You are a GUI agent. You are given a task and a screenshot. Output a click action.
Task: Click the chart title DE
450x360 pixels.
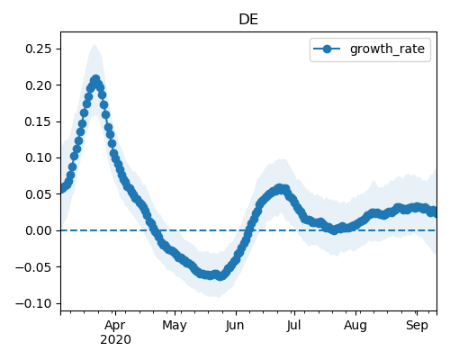coord(248,20)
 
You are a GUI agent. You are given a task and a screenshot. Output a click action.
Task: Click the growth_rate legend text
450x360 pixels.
coord(387,49)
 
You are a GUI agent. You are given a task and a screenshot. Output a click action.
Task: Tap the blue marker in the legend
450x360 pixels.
coord(327,49)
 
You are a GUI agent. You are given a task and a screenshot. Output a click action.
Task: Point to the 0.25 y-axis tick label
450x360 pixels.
coord(39,49)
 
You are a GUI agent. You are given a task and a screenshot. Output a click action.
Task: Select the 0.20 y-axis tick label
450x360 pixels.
coord(39,85)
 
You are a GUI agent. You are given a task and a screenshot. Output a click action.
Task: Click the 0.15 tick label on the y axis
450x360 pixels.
coord(39,121)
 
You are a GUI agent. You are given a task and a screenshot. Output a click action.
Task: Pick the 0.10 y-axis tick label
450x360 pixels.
coord(39,157)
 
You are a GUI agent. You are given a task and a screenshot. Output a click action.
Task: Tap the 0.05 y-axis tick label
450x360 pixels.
coord(39,194)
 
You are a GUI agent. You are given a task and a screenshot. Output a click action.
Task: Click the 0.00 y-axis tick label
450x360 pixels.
coord(39,230)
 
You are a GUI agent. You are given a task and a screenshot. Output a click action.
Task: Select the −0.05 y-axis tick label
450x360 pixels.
coord(34,267)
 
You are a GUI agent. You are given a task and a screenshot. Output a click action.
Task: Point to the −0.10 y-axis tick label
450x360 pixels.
coord(34,303)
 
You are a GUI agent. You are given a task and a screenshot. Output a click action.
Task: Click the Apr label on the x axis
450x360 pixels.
coord(115,326)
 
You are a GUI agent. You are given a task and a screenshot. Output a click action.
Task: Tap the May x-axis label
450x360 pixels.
coord(175,326)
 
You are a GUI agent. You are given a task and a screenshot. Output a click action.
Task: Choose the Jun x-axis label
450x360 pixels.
coord(235,326)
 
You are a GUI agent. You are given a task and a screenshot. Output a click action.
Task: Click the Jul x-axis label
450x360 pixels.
coord(293,326)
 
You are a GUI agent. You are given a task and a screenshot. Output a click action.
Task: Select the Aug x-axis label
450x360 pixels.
coord(355,326)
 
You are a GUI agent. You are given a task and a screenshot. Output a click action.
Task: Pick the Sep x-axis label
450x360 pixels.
coord(417,326)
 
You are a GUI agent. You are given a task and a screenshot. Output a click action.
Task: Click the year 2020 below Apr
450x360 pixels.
coord(115,339)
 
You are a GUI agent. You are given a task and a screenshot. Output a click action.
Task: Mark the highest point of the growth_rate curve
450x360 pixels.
coord(95,80)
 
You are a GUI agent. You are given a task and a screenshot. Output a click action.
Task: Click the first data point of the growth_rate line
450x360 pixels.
coord(61,189)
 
